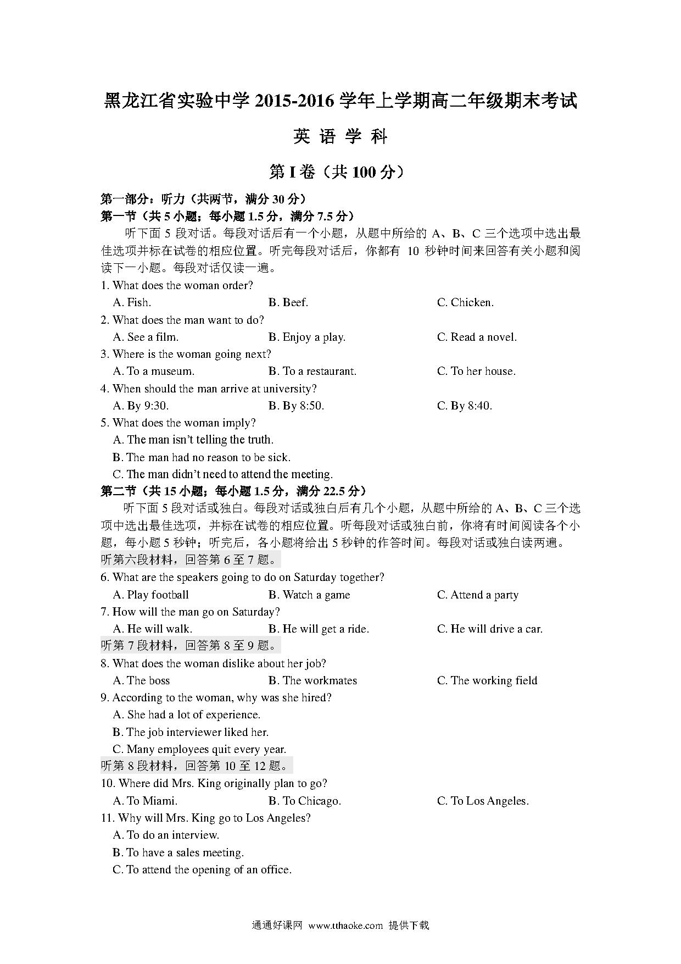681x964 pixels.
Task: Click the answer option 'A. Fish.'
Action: pyautogui.click(x=132, y=302)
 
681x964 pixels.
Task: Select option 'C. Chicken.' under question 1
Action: pyautogui.click(x=465, y=302)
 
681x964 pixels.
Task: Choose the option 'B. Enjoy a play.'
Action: pyautogui.click(x=306, y=337)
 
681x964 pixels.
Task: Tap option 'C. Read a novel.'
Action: pyautogui.click(x=477, y=337)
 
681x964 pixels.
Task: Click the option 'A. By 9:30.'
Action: pyautogui.click(x=141, y=406)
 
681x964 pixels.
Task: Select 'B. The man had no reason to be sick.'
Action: pyautogui.click(x=202, y=457)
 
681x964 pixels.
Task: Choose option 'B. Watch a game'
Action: pyautogui.click(x=309, y=595)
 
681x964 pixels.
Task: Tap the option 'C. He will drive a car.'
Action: pyautogui.click(x=489, y=629)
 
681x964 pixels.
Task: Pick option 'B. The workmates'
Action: pyautogui.click(x=312, y=680)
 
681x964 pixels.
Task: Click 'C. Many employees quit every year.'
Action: pyautogui.click(x=199, y=749)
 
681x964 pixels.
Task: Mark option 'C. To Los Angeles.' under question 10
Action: pyautogui.click(x=483, y=801)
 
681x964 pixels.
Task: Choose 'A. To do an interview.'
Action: pyautogui.click(x=166, y=835)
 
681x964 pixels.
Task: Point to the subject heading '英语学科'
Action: pyautogui.click(x=340, y=136)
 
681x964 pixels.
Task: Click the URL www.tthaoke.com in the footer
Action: pyautogui.click(x=345, y=926)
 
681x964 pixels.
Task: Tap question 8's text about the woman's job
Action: pyautogui.click(x=213, y=663)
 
